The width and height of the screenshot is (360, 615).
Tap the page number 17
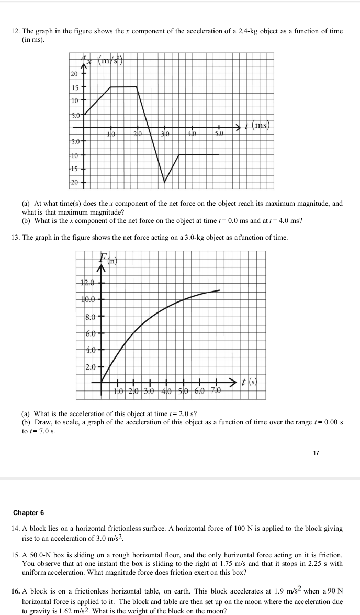[x=316, y=452]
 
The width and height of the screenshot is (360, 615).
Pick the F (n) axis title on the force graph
[x=106, y=258]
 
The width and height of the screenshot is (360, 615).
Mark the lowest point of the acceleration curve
[x=165, y=182]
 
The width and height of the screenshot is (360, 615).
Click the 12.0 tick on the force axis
[x=87, y=283]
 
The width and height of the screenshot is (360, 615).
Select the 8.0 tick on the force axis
[x=91, y=317]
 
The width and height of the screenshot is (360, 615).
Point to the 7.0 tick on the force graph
[x=216, y=391]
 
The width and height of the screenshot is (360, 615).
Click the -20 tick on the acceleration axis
[x=74, y=182]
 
